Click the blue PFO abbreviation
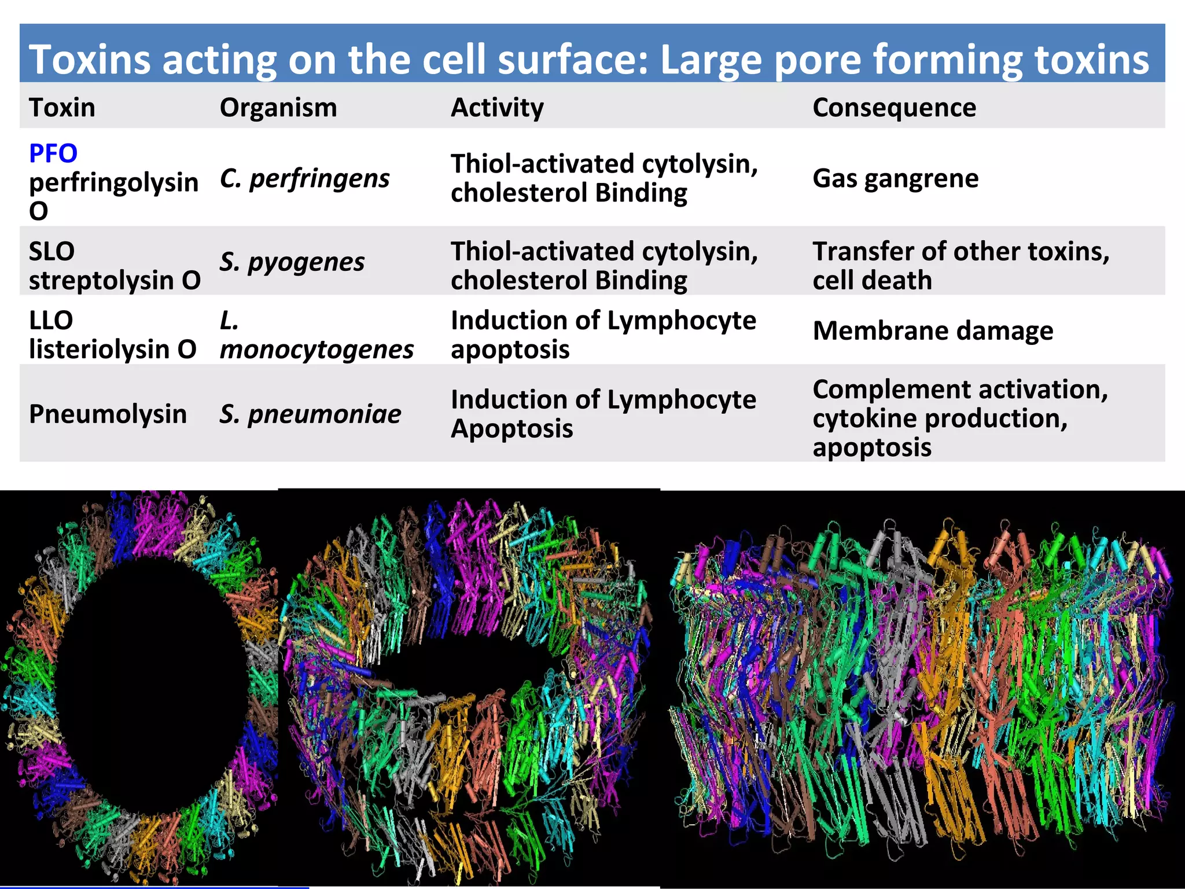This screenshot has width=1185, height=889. [x=53, y=153]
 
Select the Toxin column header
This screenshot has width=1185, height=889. [x=62, y=108]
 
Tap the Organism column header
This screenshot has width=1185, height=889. [x=278, y=108]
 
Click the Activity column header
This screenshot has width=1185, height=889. [x=497, y=108]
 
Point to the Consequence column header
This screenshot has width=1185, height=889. [x=894, y=108]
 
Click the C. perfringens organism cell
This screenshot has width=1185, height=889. [x=304, y=178]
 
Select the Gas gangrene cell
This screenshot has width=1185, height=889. [x=895, y=178]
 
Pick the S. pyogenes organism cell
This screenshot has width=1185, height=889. [x=292, y=262]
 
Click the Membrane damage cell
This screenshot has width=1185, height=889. [x=933, y=330]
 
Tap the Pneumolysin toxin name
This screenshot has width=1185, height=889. [x=108, y=414]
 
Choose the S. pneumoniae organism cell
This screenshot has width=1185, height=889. [x=310, y=414]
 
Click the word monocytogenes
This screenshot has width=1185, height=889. [x=317, y=350]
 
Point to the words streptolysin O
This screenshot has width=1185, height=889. [x=115, y=281]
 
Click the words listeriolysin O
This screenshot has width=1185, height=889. [x=113, y=350]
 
